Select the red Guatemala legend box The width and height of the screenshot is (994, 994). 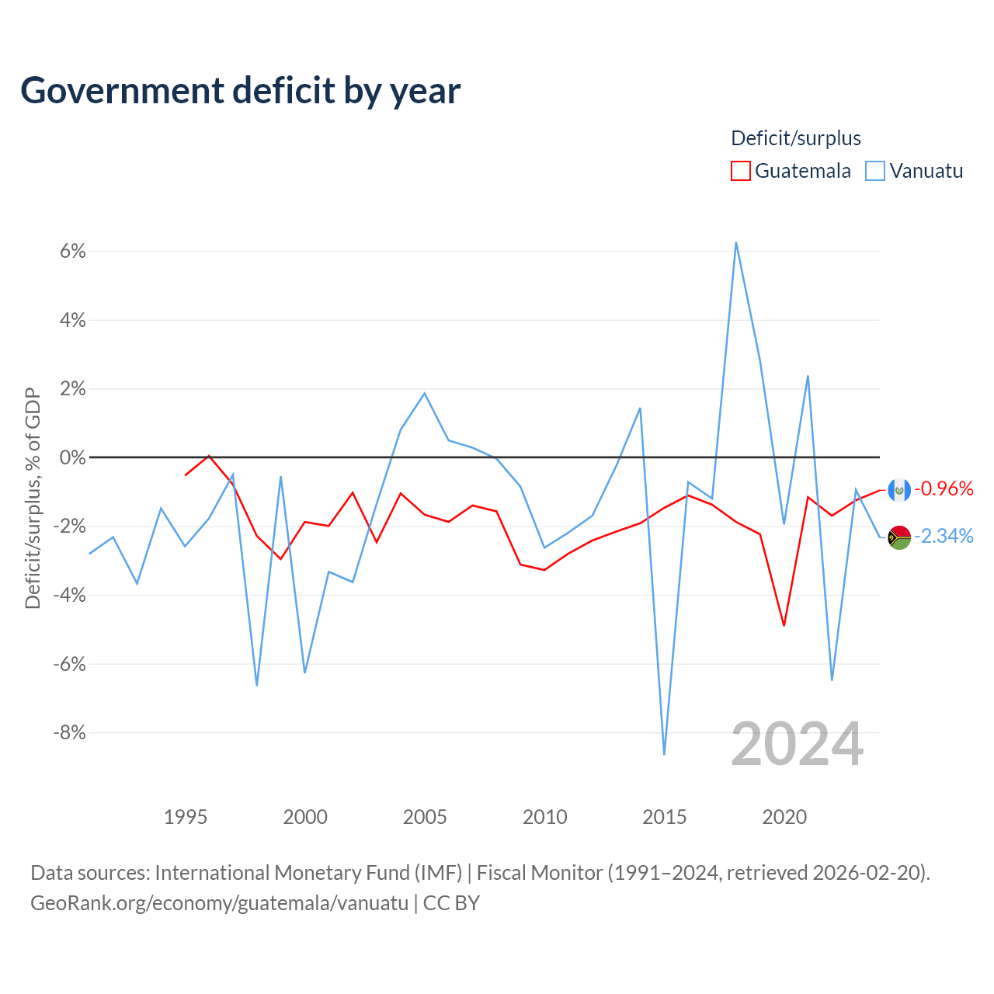click(740, 171)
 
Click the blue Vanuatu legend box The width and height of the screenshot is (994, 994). click(875, 171)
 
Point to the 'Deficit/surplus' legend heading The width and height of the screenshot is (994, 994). click(796, 138)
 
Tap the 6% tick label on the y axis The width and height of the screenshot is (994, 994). click(73, 251)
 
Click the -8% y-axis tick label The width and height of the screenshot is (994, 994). click(69, 732)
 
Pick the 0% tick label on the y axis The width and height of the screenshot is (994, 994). click(73, 457)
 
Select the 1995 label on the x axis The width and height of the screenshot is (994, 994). click(185, 817)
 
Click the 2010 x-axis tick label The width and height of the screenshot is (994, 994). click(544, 817)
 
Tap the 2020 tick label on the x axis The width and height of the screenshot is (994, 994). click(784, 817)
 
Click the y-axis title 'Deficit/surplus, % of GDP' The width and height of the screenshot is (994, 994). click(33, 499)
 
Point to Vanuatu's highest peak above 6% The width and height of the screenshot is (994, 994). click(736, 242)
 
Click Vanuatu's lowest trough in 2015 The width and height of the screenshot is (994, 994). click(665, 754)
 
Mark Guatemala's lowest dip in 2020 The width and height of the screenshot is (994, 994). click(784, 625)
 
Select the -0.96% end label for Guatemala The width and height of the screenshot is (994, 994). click(944, 488)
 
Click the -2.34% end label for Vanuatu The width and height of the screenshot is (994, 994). click(944, 537)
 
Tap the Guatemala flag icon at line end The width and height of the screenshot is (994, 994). click(899, 490)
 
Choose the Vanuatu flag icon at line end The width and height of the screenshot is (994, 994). click(899, 537)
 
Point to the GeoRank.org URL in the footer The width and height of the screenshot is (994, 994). click(219, 903)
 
